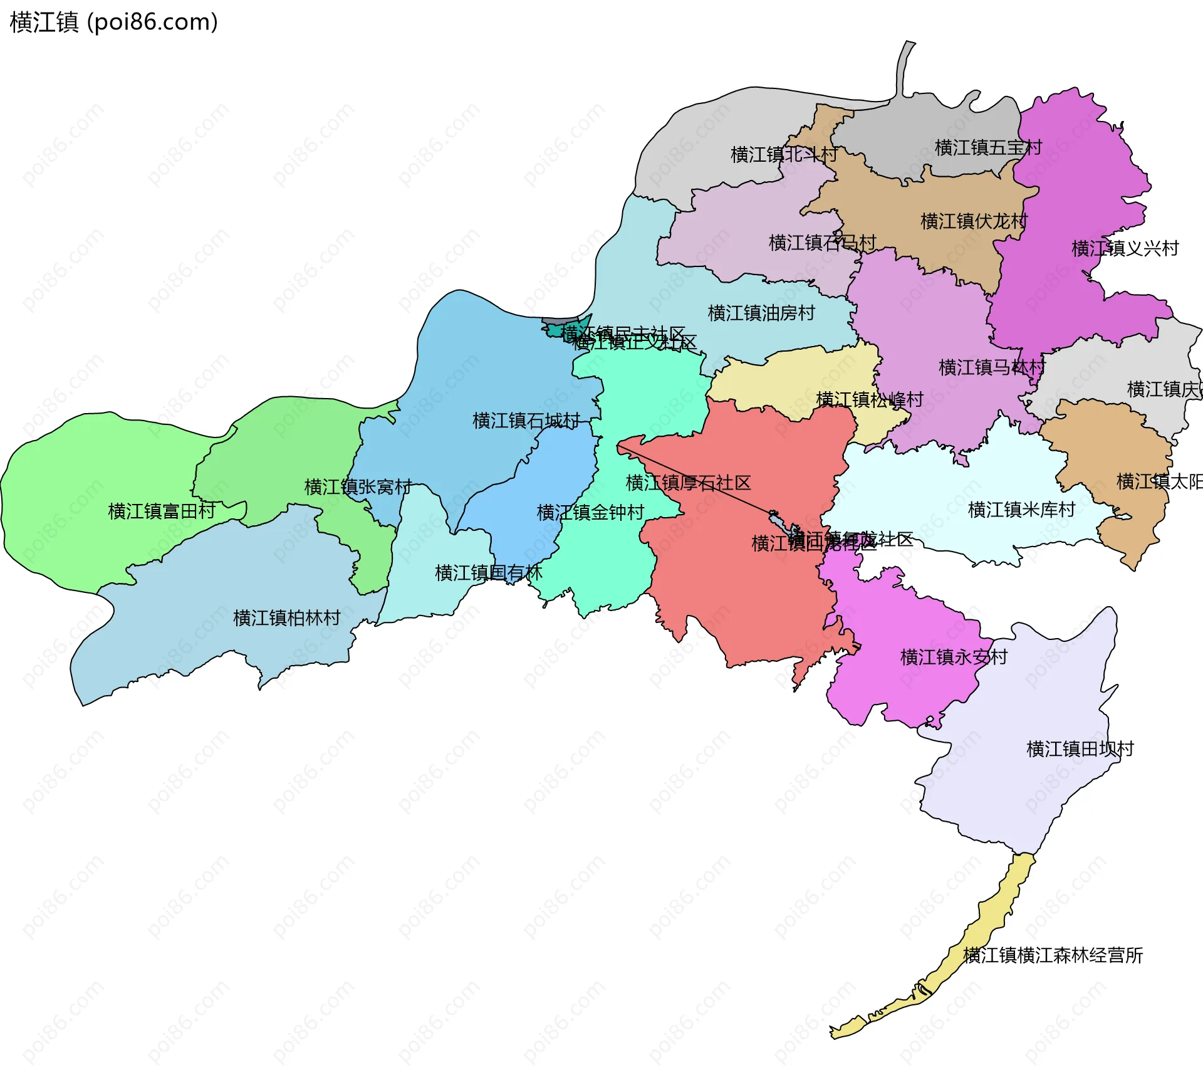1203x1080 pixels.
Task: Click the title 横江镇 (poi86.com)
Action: pos(113,23)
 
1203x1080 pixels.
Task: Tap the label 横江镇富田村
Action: pos(162,511)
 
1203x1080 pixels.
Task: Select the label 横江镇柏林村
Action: pos(286,618)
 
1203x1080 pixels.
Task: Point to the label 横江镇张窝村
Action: pos(358,487)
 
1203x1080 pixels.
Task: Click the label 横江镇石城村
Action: pos(526,421)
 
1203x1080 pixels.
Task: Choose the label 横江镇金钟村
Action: pos(590,513)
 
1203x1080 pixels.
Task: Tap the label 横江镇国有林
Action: pos(488,573)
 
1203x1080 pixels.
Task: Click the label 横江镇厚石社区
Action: pos(688,483)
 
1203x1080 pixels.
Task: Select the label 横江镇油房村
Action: pos(761,313)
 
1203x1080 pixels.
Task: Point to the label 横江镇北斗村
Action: pos(784,154)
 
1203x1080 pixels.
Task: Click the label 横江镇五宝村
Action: pos(988,148)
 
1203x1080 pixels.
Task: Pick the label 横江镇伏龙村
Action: pos(974,221)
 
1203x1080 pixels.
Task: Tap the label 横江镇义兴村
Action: pos(1125,249)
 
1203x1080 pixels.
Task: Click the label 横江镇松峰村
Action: pos(869,399)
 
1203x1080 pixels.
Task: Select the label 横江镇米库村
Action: pos(1021,510)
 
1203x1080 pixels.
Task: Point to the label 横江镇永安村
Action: pos(954,657)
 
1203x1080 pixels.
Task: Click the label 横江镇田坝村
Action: pos(1080,748)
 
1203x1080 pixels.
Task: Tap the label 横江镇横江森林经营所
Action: pos(1053,955)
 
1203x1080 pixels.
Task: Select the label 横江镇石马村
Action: pos(822,243)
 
